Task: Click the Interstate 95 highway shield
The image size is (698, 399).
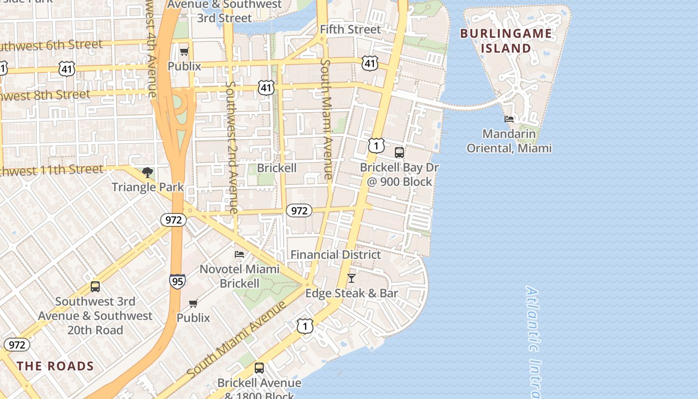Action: (x=177, y=281)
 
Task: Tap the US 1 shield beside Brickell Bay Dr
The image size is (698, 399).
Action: (x=376, y=146)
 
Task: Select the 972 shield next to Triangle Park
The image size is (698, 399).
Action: (x=174, y=220)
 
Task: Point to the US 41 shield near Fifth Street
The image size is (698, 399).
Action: (x=369, y=63)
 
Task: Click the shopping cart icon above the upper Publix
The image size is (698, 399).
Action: (x=184, y=51)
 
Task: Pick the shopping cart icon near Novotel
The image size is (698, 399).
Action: (x=193, y=303)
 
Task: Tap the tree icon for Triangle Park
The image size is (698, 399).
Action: (x=147, y=173)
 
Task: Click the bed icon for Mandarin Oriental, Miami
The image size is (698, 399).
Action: (x=509, y=119)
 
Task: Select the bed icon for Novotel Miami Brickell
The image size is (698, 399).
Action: (x=239, y=254)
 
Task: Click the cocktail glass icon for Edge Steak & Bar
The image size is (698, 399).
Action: (x=351, y=278)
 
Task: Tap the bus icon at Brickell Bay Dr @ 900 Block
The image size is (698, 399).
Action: (x=399, y=153)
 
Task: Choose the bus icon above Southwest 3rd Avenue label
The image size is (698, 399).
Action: (x=95, y=287)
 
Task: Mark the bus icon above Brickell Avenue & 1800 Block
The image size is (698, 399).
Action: (x=259, y=368)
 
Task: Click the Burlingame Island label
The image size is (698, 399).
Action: (x=506, y=41)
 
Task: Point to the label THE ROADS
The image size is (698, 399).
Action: (x=55, y=366)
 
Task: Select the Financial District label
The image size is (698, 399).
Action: (x=336, y=254)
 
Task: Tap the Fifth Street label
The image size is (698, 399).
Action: (x=350, y=29)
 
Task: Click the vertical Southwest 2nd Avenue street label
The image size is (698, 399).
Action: (x=231, y=147)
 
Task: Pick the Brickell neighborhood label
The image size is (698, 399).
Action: (x=277, y=168)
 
